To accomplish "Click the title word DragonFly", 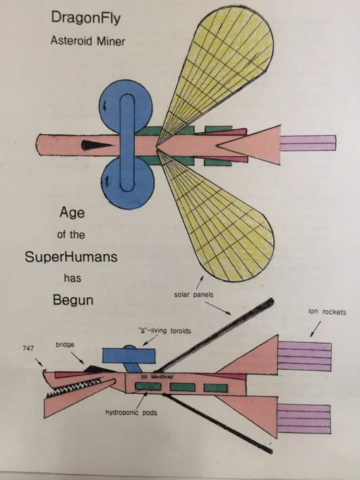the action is pyautogui.click(x=86, y=18).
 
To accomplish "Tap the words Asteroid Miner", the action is pyautogui.click(x=88, y=41).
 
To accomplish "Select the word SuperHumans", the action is pyautogui.click(x=71, y=256).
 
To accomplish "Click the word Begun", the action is pyautogui.click(x=73, y=300).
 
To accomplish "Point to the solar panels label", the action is pyautogui.click(x=194, y=295).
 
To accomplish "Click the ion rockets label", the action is pyautogui.click(x=328, y=312).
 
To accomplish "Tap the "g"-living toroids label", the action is pyautogui.click(x=164, y=330).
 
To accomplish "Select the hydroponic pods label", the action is pyautogui.click(x=131, y=413).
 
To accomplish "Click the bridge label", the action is pyautogui.click(x=65, y=344).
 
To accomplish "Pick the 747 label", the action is pyautogui.click(x=28, y=348).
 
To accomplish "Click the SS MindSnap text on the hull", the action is pyautogui.click(x=157, y=376).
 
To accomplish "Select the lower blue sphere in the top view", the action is pyautogui.click(x=128, y=183).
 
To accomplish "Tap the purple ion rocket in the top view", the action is pyautogui.click(x=308, y=143).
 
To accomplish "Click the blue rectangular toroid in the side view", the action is pyautogui.click(x=128, y=356).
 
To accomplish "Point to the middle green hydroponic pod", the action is pyautogui.click(x=182, y=388).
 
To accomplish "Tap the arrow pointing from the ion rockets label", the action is pyautogui.click(x=316, y=329).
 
